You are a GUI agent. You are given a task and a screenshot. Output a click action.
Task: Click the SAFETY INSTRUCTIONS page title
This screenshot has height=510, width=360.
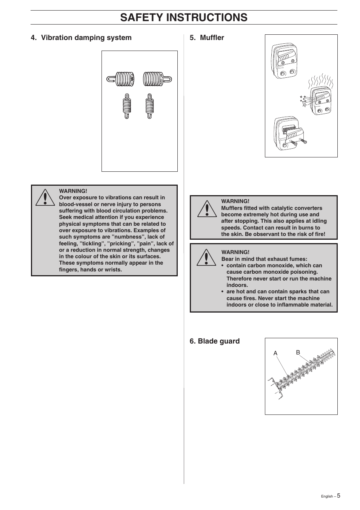[184, 17]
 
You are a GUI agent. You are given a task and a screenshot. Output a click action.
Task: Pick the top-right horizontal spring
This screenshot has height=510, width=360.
[157, 79]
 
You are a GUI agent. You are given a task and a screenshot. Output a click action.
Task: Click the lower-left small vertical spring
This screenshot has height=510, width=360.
[127, 106]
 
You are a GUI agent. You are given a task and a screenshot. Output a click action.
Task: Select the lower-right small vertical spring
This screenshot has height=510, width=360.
[149, 106]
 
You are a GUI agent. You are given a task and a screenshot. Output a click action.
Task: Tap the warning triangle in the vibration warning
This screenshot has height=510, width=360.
[45, 197]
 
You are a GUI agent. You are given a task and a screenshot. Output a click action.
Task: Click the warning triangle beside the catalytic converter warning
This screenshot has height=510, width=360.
[207, 209]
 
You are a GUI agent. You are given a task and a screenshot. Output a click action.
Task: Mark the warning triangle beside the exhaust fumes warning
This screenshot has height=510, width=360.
[207, 257]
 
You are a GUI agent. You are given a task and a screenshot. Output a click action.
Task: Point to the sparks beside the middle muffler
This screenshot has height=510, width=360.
[303, 100]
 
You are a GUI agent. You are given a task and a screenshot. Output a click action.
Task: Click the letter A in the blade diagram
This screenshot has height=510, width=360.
[275, 353]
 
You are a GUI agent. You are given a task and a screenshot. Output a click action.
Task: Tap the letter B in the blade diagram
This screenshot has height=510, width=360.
[298, 352]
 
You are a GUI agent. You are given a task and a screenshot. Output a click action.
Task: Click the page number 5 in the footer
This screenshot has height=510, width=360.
[338, 496]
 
